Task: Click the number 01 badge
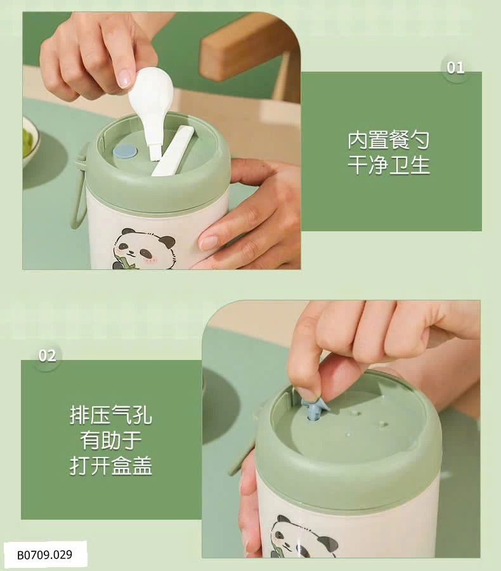coord(455,68)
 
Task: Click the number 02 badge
coord(47,356)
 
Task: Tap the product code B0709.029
coord(45,555)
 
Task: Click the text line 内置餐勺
coord(388,140)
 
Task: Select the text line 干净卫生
coord(388,165)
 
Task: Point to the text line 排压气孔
coord(111,414)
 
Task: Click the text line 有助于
coord(111,440)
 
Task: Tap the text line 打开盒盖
coord(111,465)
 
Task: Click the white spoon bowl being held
coord(150,91)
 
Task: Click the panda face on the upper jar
coord(145,250)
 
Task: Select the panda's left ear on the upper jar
coord(128,232)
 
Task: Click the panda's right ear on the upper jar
coord(168,241)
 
